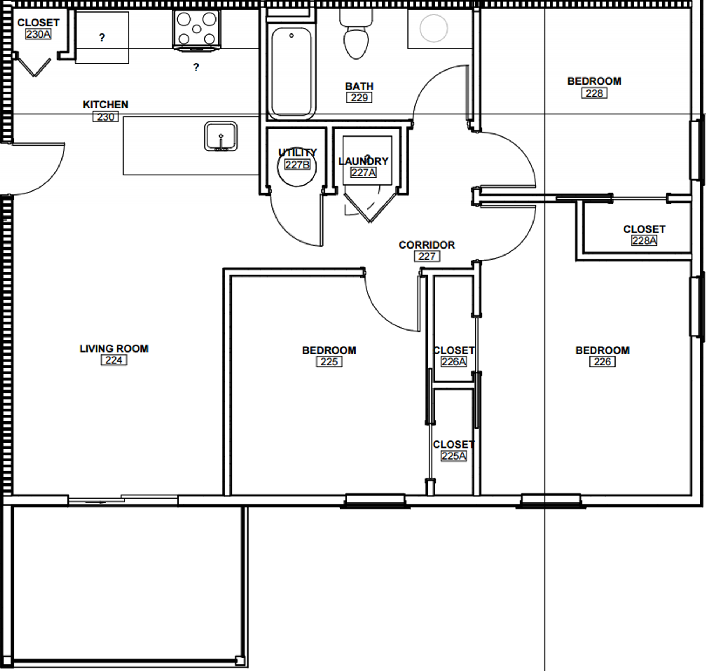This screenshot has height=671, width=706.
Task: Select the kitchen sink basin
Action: click(x=221, y=136)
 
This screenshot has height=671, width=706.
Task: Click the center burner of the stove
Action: click(x=197, y=29)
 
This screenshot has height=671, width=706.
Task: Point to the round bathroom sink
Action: click(x=434, y=28)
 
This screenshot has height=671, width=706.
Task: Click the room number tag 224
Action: click(x=114, y=360)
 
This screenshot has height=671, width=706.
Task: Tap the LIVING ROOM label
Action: click(x=114, y=349)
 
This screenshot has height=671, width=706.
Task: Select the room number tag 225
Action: click(x=329, y=362)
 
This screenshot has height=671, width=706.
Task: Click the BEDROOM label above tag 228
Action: click(x=594, y=81)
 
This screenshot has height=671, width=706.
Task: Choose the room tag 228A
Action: click(x=644, y=240)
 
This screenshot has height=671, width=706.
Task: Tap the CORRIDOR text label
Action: click(x=427, y=245)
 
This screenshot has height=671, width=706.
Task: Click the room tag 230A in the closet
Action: click(x=38, y=34)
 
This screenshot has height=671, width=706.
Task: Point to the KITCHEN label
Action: click(x=106, y=105)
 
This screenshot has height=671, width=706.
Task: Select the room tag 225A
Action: click(x=453, y=456)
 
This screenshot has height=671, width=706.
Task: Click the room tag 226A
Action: click(x=453, y=362)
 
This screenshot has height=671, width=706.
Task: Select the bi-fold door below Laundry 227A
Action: click(x=370, y=208)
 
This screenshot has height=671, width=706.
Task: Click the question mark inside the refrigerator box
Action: click(x=102, y=37)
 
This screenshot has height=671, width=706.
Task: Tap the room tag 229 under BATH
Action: click(x=359, y=98)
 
